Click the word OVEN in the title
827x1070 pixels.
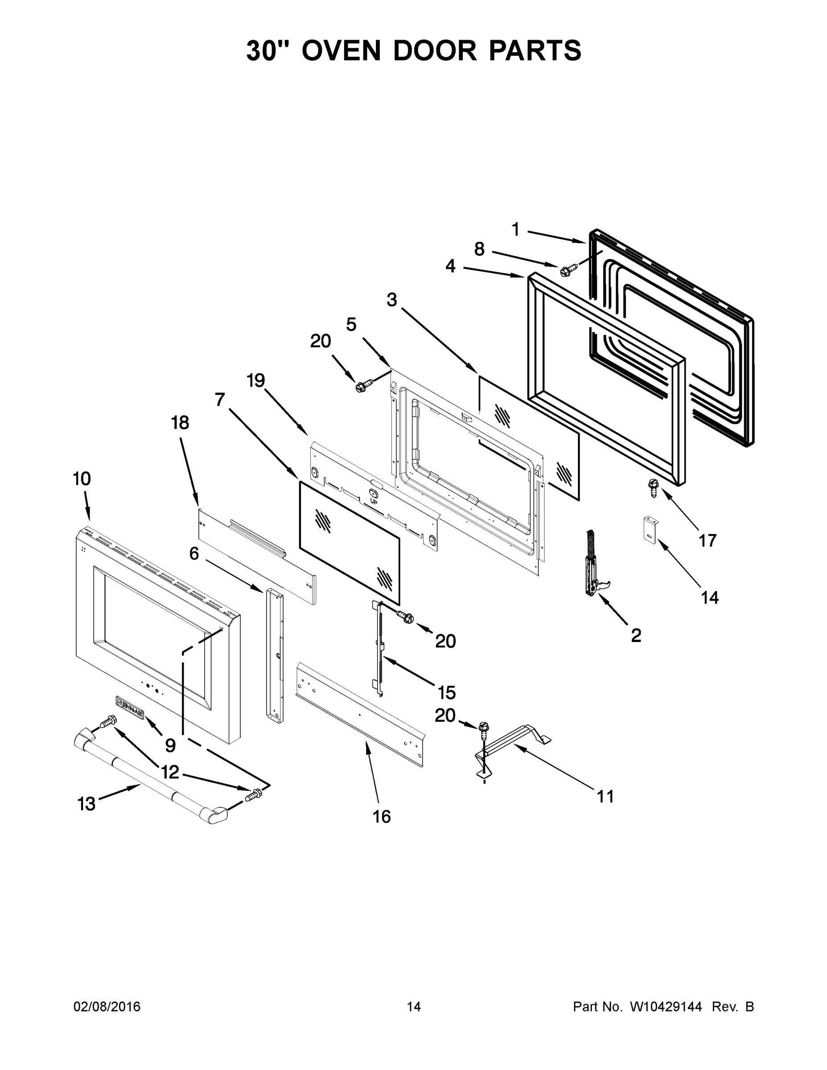[x=341, y=50]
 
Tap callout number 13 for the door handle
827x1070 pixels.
[x=87, y=804]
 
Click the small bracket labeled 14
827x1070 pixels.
[x=650, y=530]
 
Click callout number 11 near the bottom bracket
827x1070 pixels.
[x=605, y=797]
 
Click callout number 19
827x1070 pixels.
[x=256, y=380]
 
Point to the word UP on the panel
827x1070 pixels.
[x=374, y=502]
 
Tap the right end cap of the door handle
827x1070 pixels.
[x=216, y=816]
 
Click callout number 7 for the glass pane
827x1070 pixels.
[x=219, y=400]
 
